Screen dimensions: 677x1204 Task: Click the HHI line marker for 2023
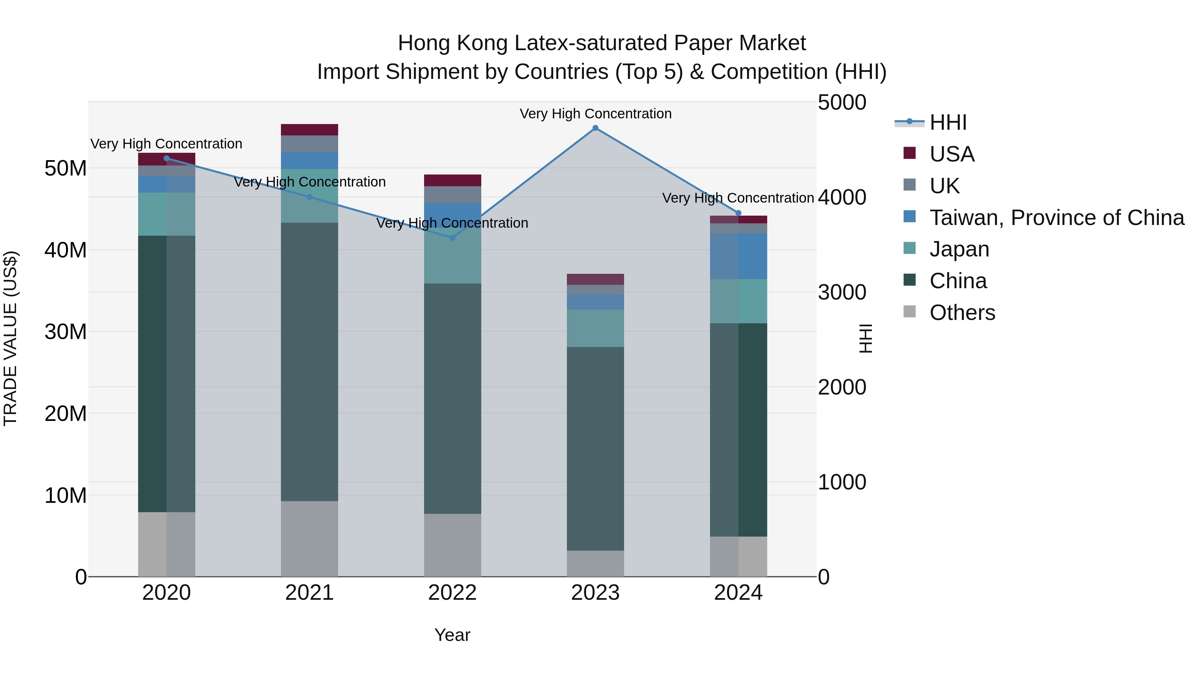point(595,128)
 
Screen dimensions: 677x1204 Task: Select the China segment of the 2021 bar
point(309,362)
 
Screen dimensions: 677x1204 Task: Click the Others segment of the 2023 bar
point(595,563)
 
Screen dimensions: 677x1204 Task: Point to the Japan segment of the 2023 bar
point(595,328)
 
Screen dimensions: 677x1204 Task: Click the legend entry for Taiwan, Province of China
point(1056,218)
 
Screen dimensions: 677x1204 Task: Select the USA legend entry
point(951,154)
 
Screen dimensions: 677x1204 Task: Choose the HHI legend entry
point(948,122)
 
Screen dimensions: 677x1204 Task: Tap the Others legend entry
point(962,313)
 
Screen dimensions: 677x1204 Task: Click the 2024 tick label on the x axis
point(738,593)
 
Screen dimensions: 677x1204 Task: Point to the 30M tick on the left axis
point(66,332)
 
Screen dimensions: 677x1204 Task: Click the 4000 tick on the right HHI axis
point(842,197)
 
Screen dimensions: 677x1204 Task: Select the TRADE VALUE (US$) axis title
point(10,338)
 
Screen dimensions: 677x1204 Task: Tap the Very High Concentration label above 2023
point(595,114)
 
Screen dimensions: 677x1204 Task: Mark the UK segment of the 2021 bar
point(309,143)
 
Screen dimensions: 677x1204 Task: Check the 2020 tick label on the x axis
point(167,593)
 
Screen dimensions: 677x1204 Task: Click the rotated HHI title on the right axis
point(866,338)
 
